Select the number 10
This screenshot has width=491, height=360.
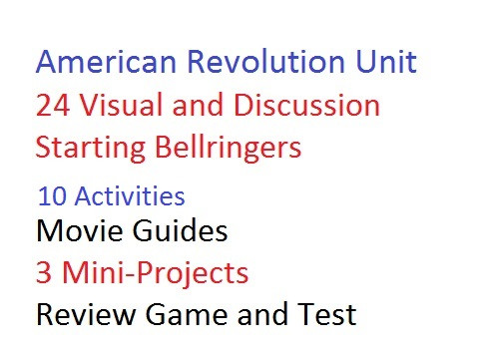point(50,194)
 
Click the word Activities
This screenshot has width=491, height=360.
point(126,194)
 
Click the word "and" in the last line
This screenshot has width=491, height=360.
point(264,315)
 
